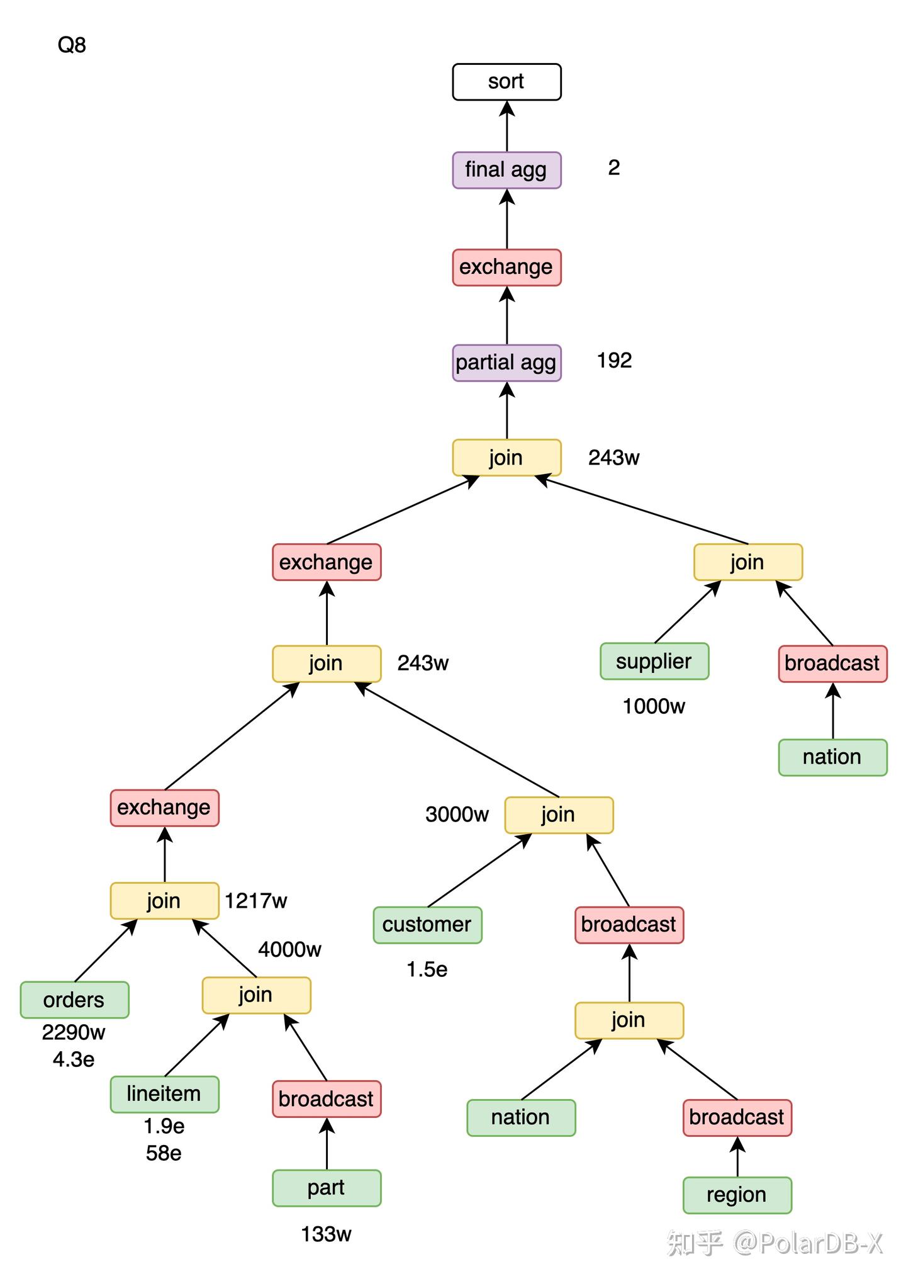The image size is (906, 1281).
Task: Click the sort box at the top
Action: (506, 82)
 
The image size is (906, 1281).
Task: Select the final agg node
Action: (506, 170)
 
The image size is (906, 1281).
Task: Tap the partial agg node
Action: (506, 363)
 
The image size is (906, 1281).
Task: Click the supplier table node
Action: (654, 661)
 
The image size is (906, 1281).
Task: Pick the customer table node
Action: (427, 925)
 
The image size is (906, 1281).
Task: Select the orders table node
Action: (74, 1000)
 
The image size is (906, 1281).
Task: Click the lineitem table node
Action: (164, 1094)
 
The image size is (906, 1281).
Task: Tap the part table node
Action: (327, 1188)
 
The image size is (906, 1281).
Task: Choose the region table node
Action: (737, 1195)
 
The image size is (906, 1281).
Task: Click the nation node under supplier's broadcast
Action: (832, 757)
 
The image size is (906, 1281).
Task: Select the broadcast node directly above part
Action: (327, 1099)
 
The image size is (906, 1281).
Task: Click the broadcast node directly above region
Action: (737, 1117)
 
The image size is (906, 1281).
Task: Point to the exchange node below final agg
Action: (506, 267)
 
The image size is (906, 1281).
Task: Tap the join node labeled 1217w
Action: (164, 901)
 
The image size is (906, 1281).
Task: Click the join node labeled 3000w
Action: (559, 815)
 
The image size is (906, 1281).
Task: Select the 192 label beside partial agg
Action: (614, 361)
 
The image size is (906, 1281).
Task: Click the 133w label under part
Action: (326, 1234)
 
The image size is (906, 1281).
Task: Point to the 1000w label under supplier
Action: (654, 707)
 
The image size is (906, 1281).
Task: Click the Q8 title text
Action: (72, 45)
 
